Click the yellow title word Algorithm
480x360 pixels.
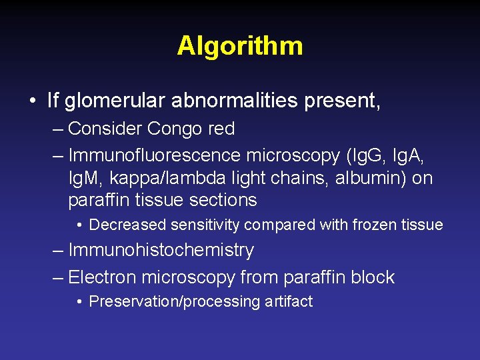tap(240, 46)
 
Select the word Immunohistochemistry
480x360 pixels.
tap(161, 251)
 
